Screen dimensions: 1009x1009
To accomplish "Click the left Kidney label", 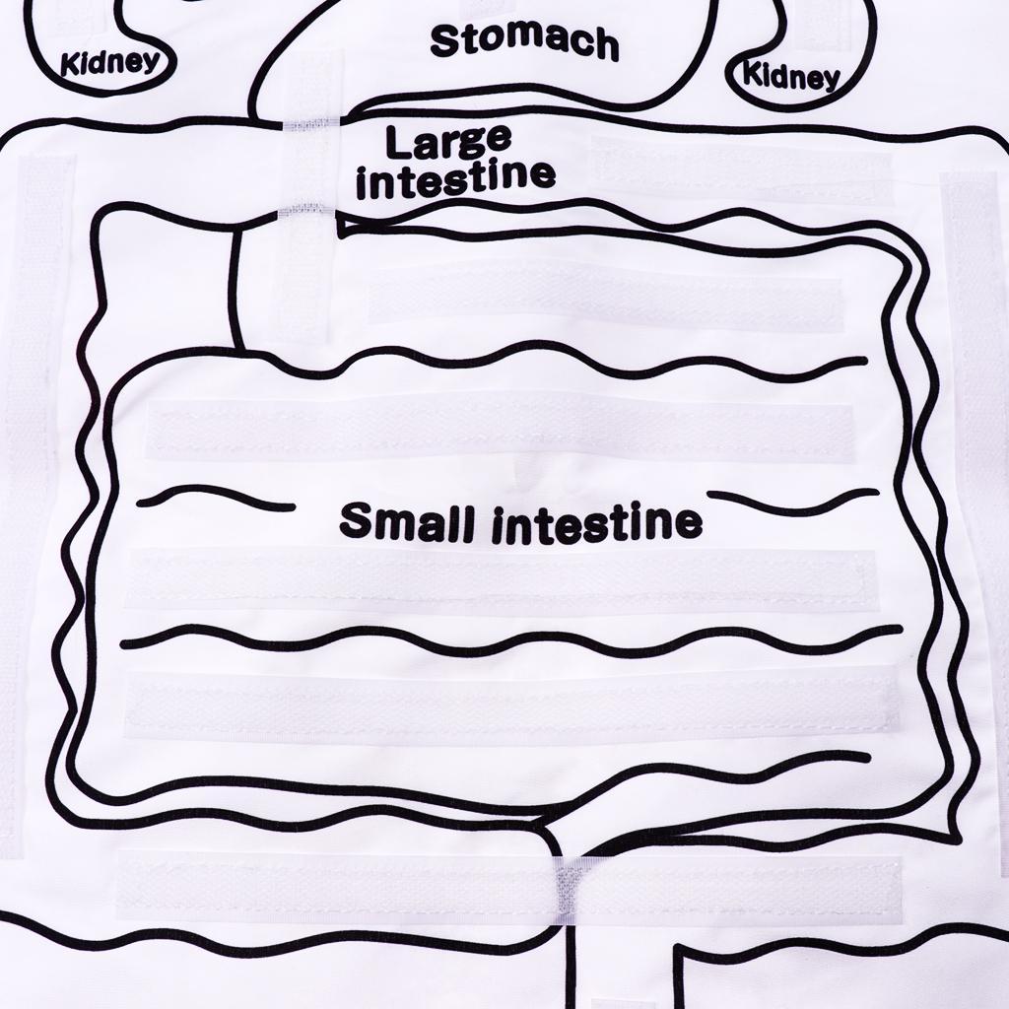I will [109, 64].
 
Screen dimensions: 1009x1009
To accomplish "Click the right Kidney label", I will [790, 75].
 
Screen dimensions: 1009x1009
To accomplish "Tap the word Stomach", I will [524, 41].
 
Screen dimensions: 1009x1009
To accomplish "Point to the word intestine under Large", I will [455, 180].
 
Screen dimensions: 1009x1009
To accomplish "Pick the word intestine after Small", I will [597, 523].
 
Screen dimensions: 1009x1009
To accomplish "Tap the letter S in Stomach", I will [445, 39].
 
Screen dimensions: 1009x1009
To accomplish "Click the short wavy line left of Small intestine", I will [217, 497].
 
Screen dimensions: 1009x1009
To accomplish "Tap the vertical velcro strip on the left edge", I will [36, 394].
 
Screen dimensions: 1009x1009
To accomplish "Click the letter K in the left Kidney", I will [69, 67].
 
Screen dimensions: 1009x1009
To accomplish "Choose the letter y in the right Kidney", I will [830, 80].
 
